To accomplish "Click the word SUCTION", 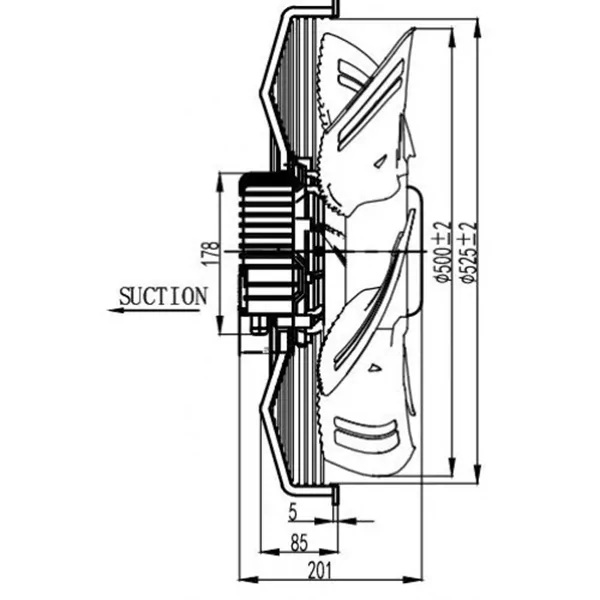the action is coord(163,296).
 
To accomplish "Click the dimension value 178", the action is coord(211,253).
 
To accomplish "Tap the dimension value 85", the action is coord(299,543).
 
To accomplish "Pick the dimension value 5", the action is coord(293,513).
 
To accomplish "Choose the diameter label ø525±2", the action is coord(468,251).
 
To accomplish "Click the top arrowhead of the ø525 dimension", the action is coord(477,28).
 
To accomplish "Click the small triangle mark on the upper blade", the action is coord(380,163).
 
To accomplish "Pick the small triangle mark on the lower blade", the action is coord(374,368).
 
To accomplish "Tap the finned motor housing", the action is coord(268,245).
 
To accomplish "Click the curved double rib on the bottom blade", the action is coord(364,430).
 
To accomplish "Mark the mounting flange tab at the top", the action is coord(335,8).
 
